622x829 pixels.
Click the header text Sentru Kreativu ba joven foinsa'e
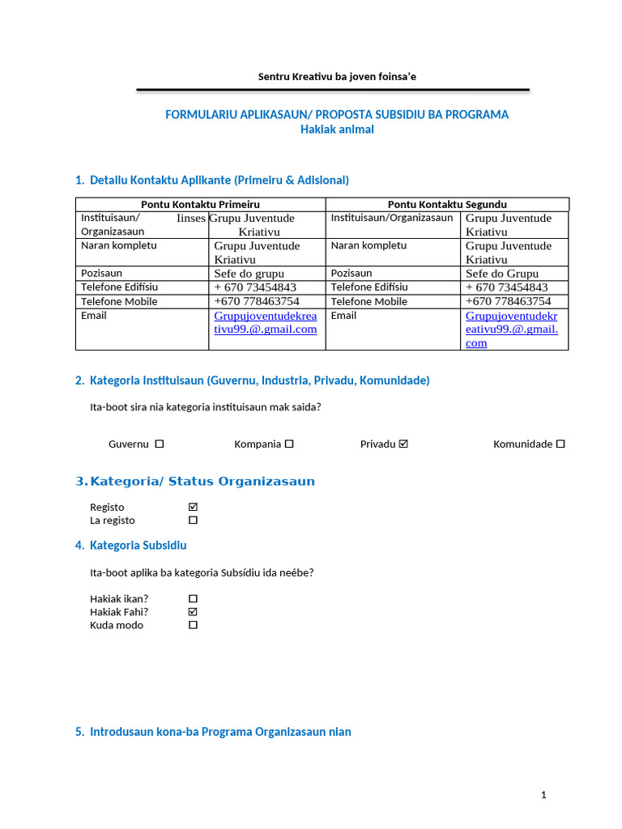pos(337,77)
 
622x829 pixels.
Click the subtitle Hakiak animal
pos(337,130)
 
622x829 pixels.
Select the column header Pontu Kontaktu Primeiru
pos(201,205)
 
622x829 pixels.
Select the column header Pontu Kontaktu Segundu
pos(447,205)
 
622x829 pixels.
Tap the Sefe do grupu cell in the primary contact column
pos(249,274)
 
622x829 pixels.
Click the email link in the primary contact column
pos(265,322)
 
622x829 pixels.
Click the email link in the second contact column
pos(511,329)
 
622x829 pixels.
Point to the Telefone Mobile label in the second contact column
pos(369,301)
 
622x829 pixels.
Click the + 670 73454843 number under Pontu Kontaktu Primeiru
pos(255,287)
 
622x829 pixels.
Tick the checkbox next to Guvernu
pos(160,444)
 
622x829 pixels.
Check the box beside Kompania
pos(289,444)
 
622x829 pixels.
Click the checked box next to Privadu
pos(404,444)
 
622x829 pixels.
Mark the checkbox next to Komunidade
pos(560,444)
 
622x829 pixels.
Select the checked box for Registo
pos(193,507)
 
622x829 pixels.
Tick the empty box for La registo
pos(193,520)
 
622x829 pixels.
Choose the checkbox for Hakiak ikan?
pos(193,599)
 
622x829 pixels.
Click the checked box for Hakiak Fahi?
pos(193,612)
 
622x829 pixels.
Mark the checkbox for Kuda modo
pos(193,625)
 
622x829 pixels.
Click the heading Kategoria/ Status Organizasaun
pos(202,482)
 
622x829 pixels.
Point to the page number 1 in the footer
pos(543,795)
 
